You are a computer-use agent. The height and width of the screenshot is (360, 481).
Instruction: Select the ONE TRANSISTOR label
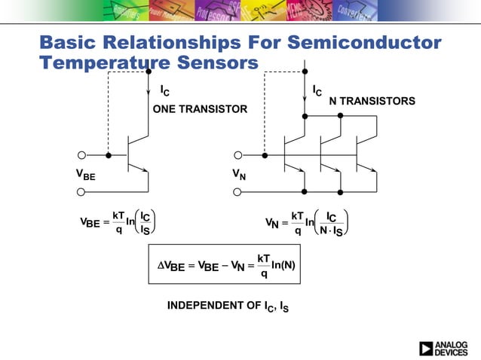tap(200, 109)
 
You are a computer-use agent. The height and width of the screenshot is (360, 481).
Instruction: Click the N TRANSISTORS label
tap(372, 101)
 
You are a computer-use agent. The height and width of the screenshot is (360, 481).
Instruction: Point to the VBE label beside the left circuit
tap(85, 174)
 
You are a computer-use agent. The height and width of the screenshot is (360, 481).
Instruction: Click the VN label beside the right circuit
tap(240, 174)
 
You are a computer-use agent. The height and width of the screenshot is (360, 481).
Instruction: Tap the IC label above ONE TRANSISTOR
tap(165, 91)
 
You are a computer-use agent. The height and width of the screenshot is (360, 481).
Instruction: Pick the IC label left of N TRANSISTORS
tap(317, 91)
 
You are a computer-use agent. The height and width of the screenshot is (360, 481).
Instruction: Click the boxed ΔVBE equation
tap(224, 266)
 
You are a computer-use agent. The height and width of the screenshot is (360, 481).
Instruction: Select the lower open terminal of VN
tap(238, 191)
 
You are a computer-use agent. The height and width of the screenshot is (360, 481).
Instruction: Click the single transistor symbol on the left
tap(136, 155)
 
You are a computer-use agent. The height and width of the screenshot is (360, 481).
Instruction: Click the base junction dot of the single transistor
tap(109, 155)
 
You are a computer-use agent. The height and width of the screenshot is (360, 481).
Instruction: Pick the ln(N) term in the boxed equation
tap(283, 266)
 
